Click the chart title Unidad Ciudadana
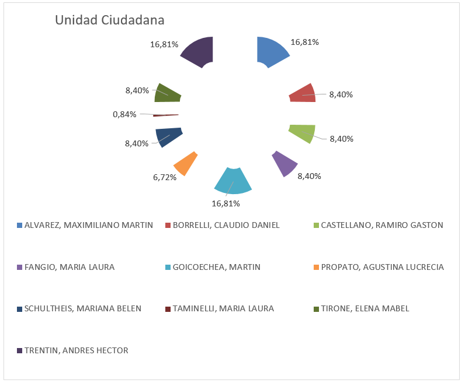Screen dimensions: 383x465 (109, 20)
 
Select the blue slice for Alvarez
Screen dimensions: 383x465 (271, 51)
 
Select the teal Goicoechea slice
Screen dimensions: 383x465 (232, 181)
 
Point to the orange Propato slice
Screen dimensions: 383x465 (184, 163)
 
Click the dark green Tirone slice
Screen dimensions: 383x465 (168, 93)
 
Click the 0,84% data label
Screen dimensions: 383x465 (124, 114)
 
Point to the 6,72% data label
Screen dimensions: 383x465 (165, 177)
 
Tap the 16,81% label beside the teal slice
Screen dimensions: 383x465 (225, 203)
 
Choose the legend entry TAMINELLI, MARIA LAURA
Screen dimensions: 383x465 (223, 308)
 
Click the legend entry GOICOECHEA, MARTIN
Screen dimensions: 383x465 (217, 267)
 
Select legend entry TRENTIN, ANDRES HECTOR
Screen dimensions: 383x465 (76, 350)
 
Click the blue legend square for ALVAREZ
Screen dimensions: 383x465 (20, 225)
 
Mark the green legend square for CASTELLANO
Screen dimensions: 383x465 (317, 225)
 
